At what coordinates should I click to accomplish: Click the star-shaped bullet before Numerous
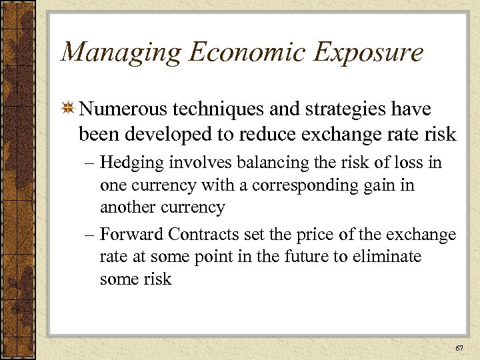(67, 109)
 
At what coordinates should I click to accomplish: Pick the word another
(127, 207)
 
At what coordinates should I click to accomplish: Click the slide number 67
(458, 348)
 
